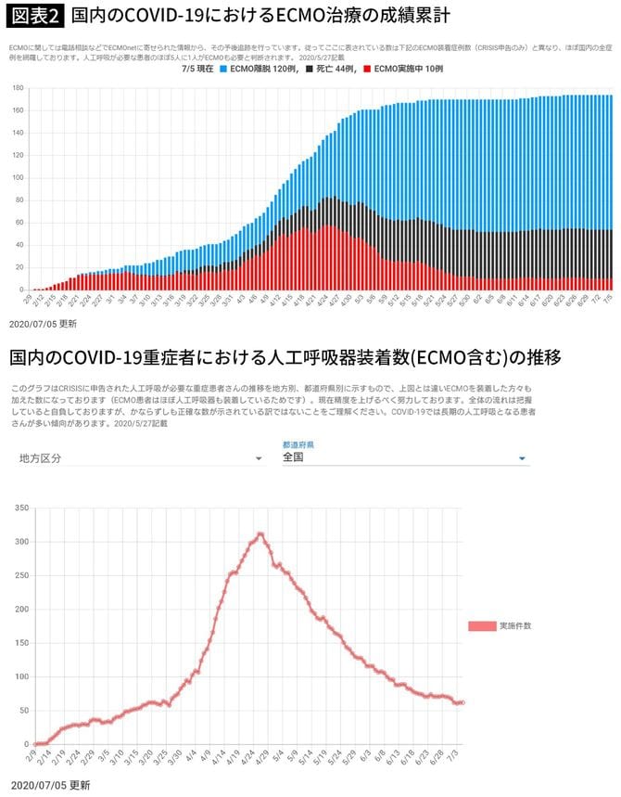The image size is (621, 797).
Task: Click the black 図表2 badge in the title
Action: point(35,17)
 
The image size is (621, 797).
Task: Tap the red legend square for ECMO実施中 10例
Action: point(369,71)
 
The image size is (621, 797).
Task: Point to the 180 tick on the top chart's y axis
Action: point(18,88)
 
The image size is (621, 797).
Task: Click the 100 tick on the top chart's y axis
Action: point(18,178)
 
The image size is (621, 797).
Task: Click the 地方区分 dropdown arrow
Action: point(258,458)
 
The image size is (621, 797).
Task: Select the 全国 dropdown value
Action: point(295,457)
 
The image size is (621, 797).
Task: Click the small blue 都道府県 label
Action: point(298,444)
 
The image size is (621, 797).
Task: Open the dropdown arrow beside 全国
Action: point(523,458)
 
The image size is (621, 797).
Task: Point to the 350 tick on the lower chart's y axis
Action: point(22,508)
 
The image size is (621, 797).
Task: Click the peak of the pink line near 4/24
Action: point(261,533)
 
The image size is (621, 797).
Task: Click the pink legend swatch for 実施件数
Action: point(481,626)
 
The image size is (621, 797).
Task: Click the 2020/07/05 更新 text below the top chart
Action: point(43,324)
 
